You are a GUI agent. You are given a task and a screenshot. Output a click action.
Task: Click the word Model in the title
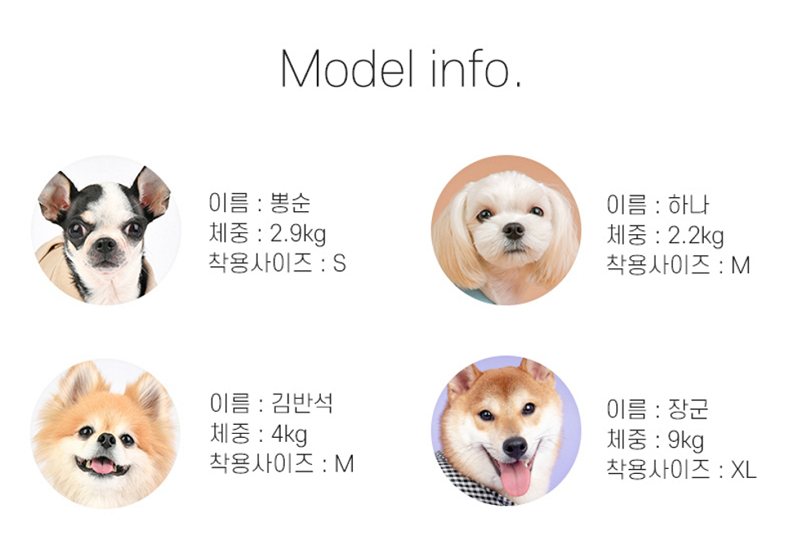coord(347,69)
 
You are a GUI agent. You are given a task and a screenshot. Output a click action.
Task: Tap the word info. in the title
coord(476,69)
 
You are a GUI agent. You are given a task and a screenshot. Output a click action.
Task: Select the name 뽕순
coord(290,202)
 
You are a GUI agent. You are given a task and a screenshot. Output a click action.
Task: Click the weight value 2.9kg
coord(298,233)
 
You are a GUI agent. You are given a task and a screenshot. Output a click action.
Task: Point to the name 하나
coord(688,205)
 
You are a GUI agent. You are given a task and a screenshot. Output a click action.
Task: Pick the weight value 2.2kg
coord(696,235)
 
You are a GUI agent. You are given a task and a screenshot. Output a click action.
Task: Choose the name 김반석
coord(302,403)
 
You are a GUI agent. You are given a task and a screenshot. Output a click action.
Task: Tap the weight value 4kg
coord(289,434)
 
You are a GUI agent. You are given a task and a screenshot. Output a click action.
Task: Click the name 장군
coord(688,408)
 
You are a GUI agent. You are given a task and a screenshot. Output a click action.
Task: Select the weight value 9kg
coord(686,440)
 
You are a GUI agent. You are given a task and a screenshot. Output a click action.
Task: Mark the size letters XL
coord(743,470)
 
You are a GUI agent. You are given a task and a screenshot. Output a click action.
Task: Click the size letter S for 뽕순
coord(340,264)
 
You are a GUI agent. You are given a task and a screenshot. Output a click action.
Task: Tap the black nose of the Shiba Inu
coord(515,447)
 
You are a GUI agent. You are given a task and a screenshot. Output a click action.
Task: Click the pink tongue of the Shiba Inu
coord(515,479)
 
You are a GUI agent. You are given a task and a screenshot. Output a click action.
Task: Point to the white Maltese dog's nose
coord(513,231)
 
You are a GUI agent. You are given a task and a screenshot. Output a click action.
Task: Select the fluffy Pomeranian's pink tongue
coord(102,466)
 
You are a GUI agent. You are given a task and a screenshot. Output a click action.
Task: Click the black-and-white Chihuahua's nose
coord(106,246)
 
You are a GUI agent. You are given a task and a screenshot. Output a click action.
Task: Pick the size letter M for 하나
coord(741,265)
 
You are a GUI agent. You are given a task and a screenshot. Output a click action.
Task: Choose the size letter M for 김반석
coord(345,464)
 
